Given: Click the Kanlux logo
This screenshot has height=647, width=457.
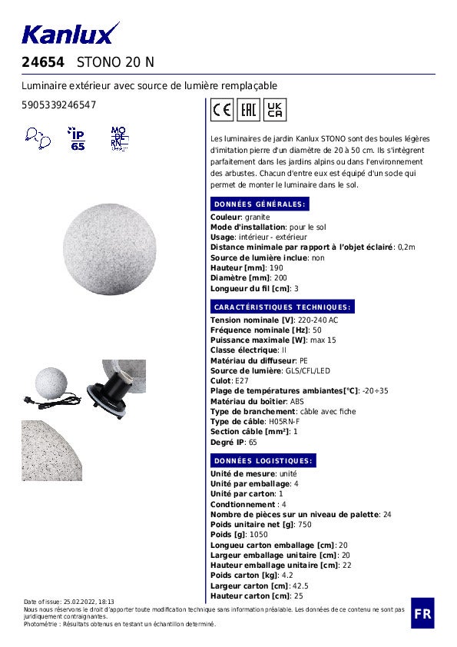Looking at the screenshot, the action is click(x=71, y=33).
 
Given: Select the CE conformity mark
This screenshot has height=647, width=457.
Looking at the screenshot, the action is click(x=222, y=110).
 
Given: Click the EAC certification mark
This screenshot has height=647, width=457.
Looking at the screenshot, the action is click(x=249, y=110).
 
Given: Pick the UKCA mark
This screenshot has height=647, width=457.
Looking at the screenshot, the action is click(x=275, y=110).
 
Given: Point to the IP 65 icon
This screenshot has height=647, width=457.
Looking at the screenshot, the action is click(x=78, y=139).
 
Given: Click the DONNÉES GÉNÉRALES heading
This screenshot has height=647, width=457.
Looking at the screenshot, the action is click(x=260, y=204).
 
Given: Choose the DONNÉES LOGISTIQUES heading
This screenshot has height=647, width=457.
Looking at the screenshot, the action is click(x=263, y=461).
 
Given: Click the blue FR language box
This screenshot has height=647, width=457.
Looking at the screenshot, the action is click(x=422, y=613).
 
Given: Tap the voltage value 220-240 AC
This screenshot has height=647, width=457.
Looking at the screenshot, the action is click(x=318, y=320).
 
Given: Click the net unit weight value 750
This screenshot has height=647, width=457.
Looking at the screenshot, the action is click(x=305, y=525).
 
